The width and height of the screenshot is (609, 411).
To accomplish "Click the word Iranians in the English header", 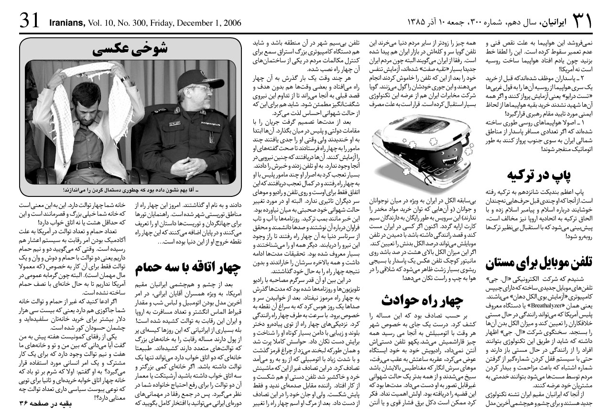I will (x=66, y=23).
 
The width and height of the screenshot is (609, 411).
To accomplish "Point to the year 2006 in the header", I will (x=231, y=23).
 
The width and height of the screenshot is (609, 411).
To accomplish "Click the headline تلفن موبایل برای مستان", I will (x=539, y=262).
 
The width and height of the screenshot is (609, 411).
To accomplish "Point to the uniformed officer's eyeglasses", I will (x=199, y=88).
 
